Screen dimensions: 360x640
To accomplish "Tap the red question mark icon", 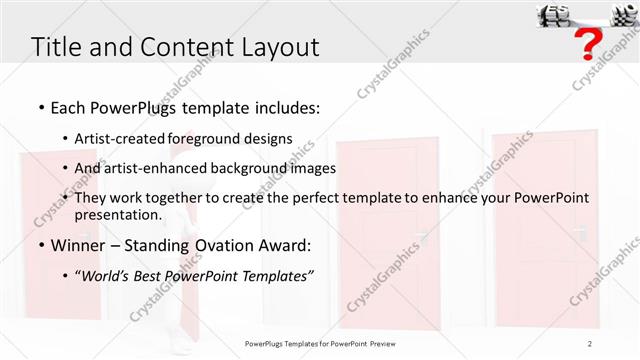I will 591,44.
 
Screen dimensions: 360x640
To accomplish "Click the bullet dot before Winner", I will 40,245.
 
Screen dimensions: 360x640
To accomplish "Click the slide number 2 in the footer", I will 589,343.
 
